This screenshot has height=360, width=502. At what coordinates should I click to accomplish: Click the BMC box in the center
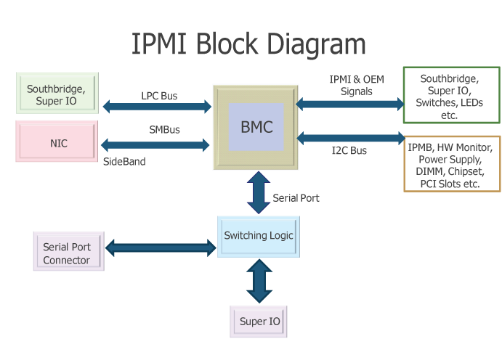click(x=256, y=127)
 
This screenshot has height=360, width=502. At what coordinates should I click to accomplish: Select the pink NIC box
click(x=57, y=141)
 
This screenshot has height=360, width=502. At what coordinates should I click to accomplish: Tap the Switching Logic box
click(x=259, y=237)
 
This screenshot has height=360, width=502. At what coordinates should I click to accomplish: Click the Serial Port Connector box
click(x=69, y=251)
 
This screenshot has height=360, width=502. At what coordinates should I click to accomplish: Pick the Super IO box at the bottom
click(x=259, y=322)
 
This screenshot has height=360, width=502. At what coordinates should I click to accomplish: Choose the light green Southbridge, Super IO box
click(x=57, y=93)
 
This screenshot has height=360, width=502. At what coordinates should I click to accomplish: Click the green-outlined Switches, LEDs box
click(x=452, y=95)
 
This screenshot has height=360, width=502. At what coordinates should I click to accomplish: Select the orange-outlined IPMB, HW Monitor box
click(x=452, y=164)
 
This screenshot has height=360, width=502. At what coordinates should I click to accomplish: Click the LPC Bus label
click(x=159, y=96)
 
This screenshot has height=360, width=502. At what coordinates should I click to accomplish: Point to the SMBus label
click(x=165, y=129)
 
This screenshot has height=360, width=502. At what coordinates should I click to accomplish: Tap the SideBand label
click(x=124, y=161)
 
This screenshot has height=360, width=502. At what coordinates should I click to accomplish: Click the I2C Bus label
click(x=349, y=150)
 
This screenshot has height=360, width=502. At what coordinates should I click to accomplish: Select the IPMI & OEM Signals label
click(x=357, y=85)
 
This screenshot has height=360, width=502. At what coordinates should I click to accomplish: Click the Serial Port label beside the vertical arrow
click(x=296, y=198)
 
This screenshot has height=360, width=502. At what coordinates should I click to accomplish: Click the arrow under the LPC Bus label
click(x=157, y=107)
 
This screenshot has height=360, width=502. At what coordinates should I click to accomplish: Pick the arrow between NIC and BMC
click(x=155, y=145)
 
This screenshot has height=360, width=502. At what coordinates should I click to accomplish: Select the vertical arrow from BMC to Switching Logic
click(x=259, y=192)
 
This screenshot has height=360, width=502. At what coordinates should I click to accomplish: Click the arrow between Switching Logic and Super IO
click(x=259, y=281)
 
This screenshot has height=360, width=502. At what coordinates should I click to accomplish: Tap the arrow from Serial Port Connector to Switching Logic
click(x=161, y=247)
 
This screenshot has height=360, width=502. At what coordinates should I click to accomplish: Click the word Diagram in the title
click(x=316, y=44)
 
